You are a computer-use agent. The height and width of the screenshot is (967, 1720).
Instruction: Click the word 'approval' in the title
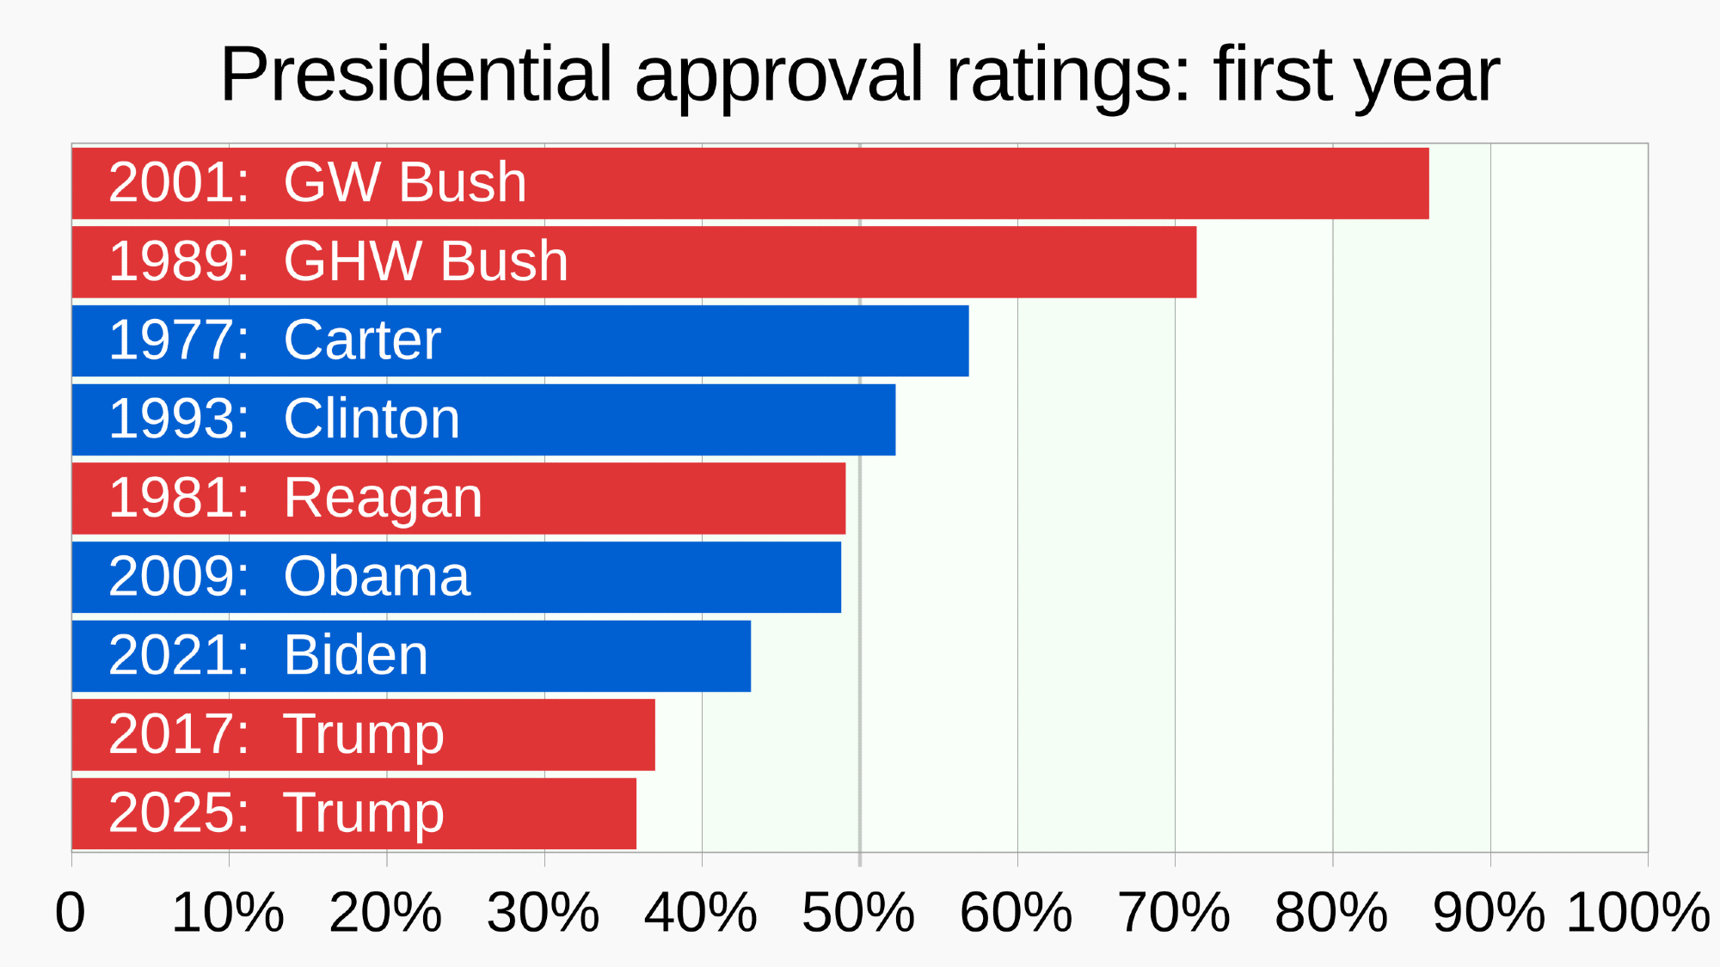pyautogui.click(x=778, y=76)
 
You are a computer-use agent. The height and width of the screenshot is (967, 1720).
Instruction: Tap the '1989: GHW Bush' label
pyautogui.click(x=338, y=261)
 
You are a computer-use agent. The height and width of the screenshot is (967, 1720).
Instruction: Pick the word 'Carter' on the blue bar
pyautogui.click(x=362, y=340)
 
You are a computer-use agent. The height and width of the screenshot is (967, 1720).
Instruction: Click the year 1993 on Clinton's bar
pyautogui.click(x=178, y=419)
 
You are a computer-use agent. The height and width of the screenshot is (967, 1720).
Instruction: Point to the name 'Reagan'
pyautogui.click(x=383, y=499)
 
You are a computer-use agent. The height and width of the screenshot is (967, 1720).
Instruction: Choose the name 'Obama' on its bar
pyautogui.click(x=377, y=577)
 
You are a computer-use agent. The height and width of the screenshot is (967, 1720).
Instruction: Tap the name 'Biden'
pyautogui.click(x=355, y=656)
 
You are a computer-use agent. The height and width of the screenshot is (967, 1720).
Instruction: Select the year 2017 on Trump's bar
pyautogui.click(x=178, y=735)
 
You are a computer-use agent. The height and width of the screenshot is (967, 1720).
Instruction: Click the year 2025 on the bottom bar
pyautogui.click(x=178, y=813)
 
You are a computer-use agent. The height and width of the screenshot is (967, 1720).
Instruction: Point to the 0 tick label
pyautogui.click(x=71, y=912)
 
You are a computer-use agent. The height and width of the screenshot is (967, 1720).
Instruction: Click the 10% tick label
pyautogui.click(x=228, y=912)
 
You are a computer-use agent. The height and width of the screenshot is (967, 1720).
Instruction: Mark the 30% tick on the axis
pyautogui.click(x=544, y=912)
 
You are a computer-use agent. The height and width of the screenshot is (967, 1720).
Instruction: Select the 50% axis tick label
pyautogui.click(x=858, y=912)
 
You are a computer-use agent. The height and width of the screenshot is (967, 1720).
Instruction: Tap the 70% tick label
pyautogui.click(x=1174, y=912)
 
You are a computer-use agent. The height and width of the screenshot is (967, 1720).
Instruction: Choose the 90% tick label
pyautogui.click(x=1489, y=912)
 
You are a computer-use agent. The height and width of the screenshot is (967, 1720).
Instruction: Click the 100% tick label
pyautogui.click(x=1637, y=912)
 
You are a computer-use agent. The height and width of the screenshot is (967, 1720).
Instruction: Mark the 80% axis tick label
pyautogui.click(x=1331, y=912)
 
